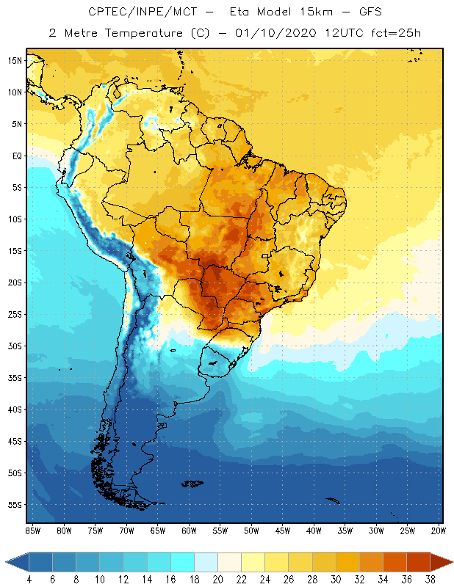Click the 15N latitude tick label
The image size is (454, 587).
[x=13, y=60]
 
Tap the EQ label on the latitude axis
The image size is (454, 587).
[x=15, y=156]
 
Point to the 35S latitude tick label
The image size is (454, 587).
[x=13, y=378]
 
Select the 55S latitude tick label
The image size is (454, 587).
[x=13, y=505]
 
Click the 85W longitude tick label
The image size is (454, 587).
[x=32, y=531]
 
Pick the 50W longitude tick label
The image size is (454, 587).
[x=251, y=531]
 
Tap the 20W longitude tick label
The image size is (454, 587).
[x=438, y=531]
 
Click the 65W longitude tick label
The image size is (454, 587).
[x=157, y=531]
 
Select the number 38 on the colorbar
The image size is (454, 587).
[x=430, y=579]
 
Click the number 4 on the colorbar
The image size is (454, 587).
[x=29, y=579]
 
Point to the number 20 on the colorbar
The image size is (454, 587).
[x=218, y=579]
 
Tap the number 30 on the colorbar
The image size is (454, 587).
[x=336, y=579]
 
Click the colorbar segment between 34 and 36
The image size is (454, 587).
[x=394, y=562]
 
